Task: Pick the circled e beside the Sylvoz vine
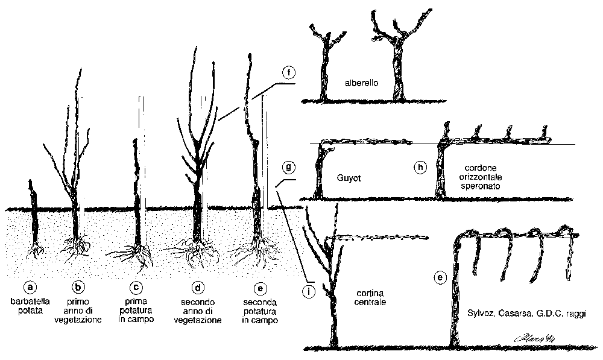tap(440, 278)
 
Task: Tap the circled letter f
tap(289, 74)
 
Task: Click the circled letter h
tap(421, 167)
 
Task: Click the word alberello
tap(361, 83)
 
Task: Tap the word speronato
tap(484, 187)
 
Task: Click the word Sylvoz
tap(480, 314)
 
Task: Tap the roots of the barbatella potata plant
tap(36, 249)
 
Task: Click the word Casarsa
tap(515, 314)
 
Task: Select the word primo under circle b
tap(78, 300)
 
